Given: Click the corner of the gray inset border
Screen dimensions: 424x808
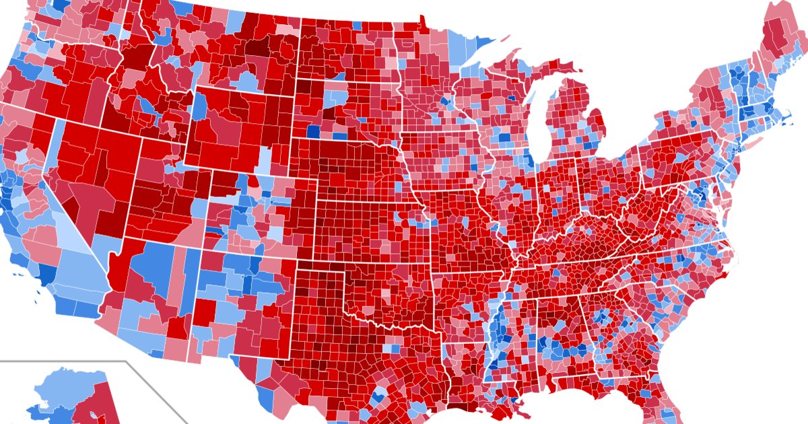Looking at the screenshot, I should pos(127,362).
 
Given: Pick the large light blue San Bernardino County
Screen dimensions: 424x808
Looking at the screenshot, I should pos(77,276).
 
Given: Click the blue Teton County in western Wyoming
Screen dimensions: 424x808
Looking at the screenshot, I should pos(200,108).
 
